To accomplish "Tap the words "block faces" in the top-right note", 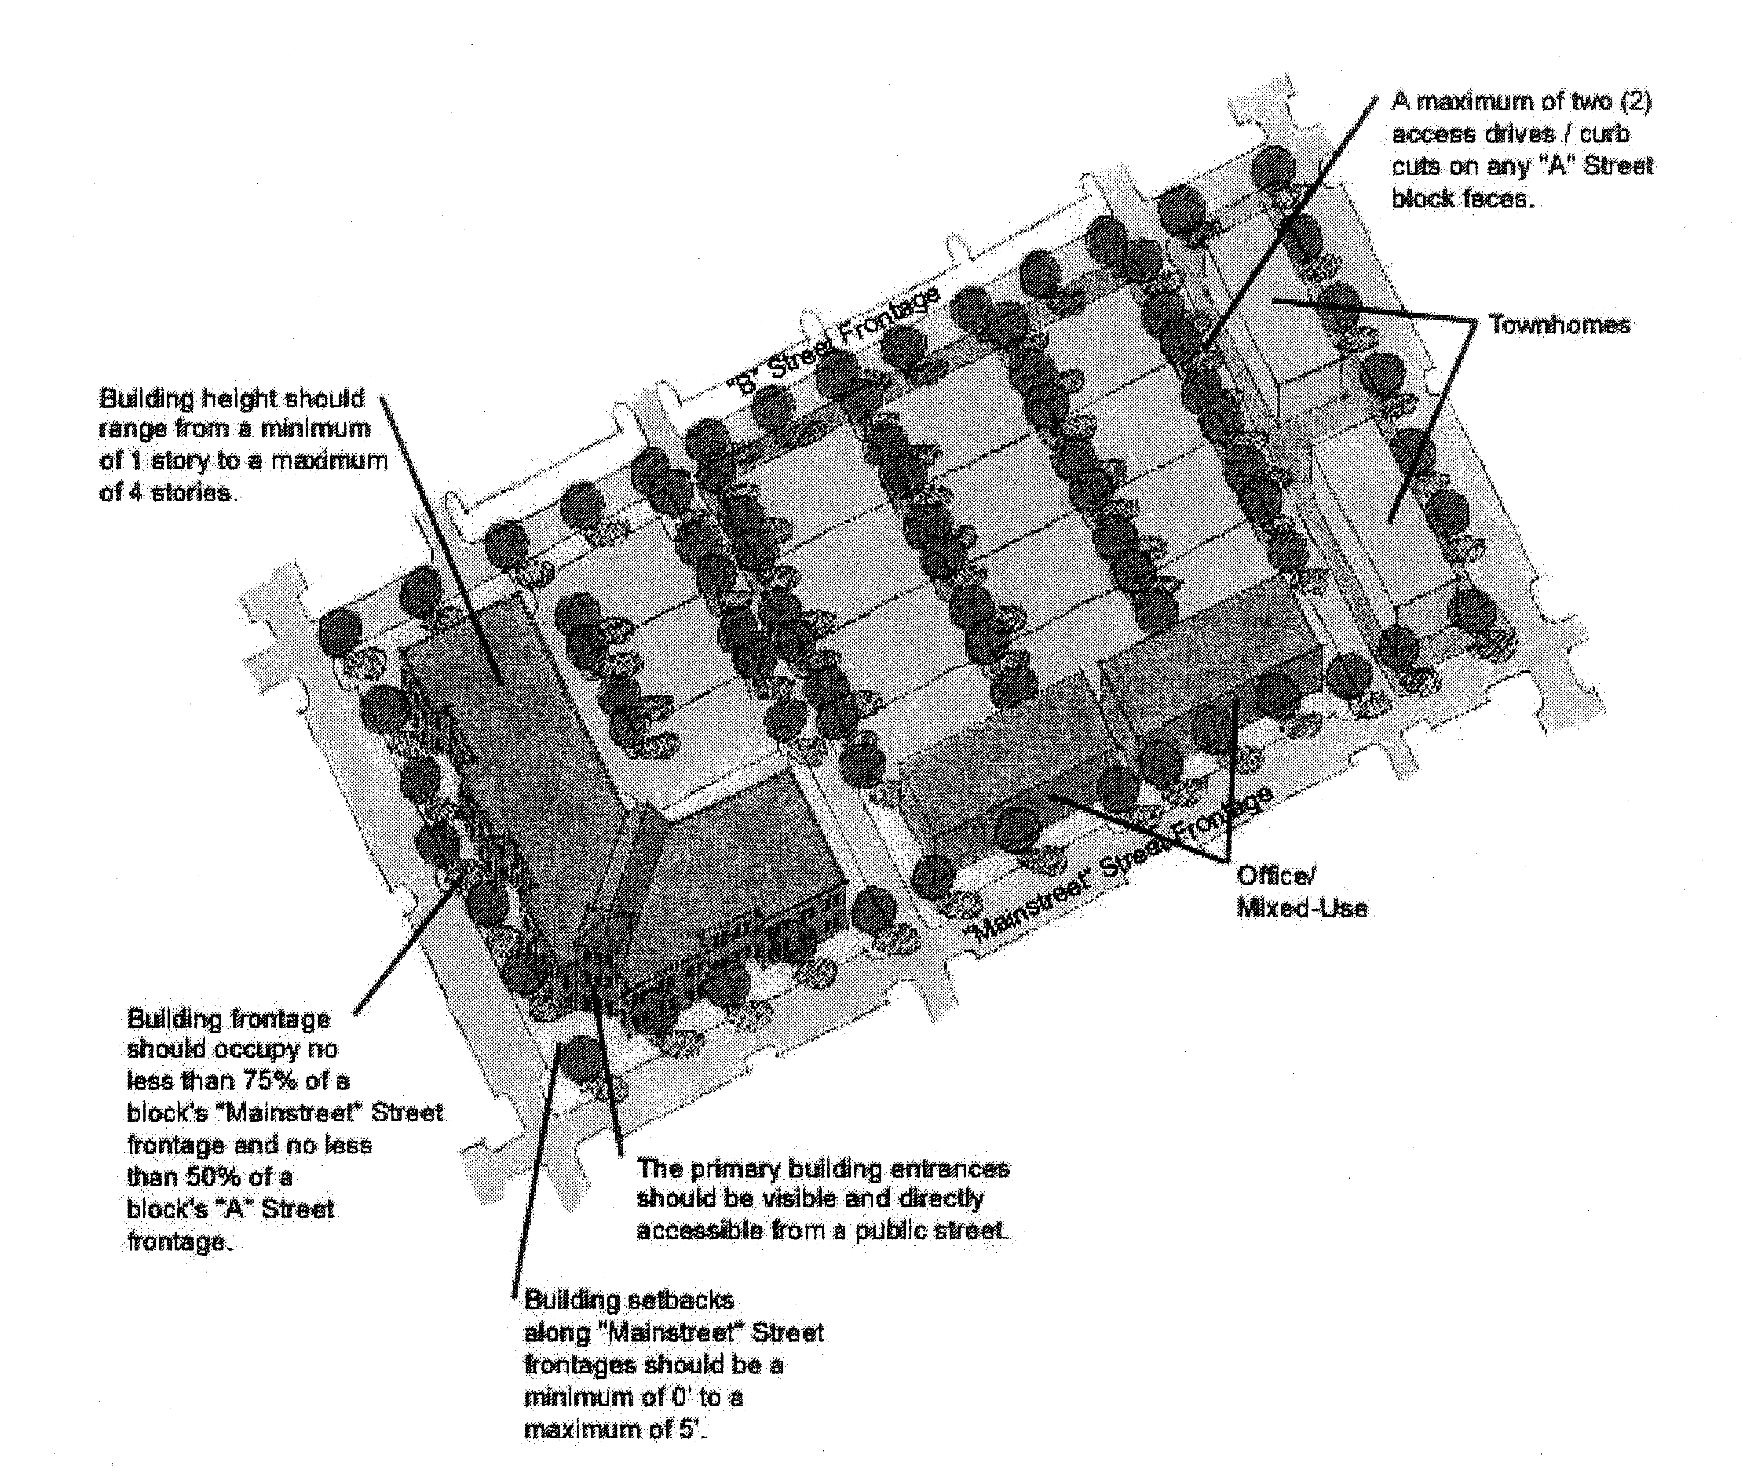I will (x=1462, y=199).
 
